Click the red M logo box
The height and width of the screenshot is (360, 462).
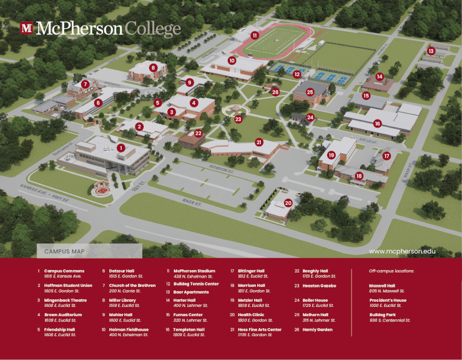(x=26, y=27)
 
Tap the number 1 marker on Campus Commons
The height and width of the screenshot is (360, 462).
(x=121, y=148)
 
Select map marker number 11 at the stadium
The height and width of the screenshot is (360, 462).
(x=255, y=36)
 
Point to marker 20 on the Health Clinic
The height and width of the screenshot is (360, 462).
(x=288, y=203)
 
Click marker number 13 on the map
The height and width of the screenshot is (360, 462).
(x=431, y=51)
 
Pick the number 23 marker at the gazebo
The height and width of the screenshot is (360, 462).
(x=238, y=119)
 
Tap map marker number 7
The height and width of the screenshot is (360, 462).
(x=86, y=84)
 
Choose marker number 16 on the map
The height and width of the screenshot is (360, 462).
(x=377, y=124)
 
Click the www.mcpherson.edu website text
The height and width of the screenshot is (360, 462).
(x=402, y=251)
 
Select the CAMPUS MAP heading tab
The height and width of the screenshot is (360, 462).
(x=64, y=251)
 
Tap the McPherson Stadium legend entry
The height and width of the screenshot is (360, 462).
(x=194, y=271)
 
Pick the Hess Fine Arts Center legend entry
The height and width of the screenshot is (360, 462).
(x=259, y=329)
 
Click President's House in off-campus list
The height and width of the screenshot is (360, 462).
(x=388, y=300)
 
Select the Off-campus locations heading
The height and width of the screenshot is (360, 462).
(x=391, y=271)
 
